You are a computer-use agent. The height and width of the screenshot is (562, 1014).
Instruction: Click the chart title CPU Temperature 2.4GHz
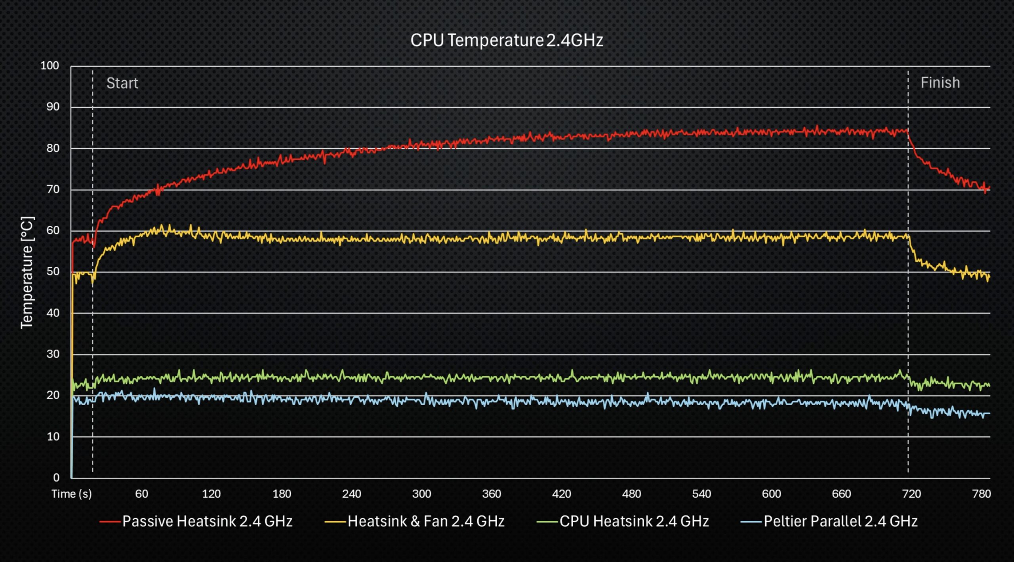click(506, 40)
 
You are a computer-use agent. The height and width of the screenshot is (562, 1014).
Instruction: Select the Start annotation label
click(122, 83)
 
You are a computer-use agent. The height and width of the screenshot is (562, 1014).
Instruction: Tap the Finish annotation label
click(940, 83)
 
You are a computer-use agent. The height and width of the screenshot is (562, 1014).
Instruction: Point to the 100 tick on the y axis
click(50, 66)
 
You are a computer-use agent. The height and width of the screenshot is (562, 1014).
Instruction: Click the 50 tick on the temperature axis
click(53, 272)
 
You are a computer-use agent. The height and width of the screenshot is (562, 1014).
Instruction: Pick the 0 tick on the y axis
click(56, 478)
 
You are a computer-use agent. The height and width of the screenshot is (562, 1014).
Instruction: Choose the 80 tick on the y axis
click(53, 148)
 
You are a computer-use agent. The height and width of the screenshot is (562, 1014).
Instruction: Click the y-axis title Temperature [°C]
click(27, 272)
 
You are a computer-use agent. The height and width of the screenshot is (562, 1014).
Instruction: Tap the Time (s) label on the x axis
click(71, 494)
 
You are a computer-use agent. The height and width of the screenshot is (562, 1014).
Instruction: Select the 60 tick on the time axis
click(141, 494)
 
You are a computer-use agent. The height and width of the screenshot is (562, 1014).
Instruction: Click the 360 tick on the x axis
click(491, 494)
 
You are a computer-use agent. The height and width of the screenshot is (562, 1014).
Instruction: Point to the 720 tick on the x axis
click(911, 494)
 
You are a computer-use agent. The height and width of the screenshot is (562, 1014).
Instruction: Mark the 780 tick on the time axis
click(981, 494)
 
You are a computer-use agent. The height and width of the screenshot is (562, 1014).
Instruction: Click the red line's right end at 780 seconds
click(989, 187)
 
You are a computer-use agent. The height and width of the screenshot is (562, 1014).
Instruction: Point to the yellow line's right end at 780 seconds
click(989, 277)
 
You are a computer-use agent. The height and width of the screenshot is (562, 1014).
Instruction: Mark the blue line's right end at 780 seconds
click(989, 413)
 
